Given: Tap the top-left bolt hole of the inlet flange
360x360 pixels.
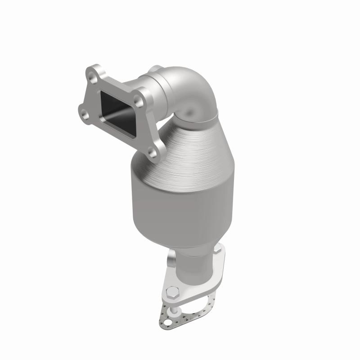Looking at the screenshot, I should (93, 79).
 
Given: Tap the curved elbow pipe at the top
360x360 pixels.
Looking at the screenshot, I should (189, 88).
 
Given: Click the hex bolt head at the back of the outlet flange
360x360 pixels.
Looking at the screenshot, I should (219, 249).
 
